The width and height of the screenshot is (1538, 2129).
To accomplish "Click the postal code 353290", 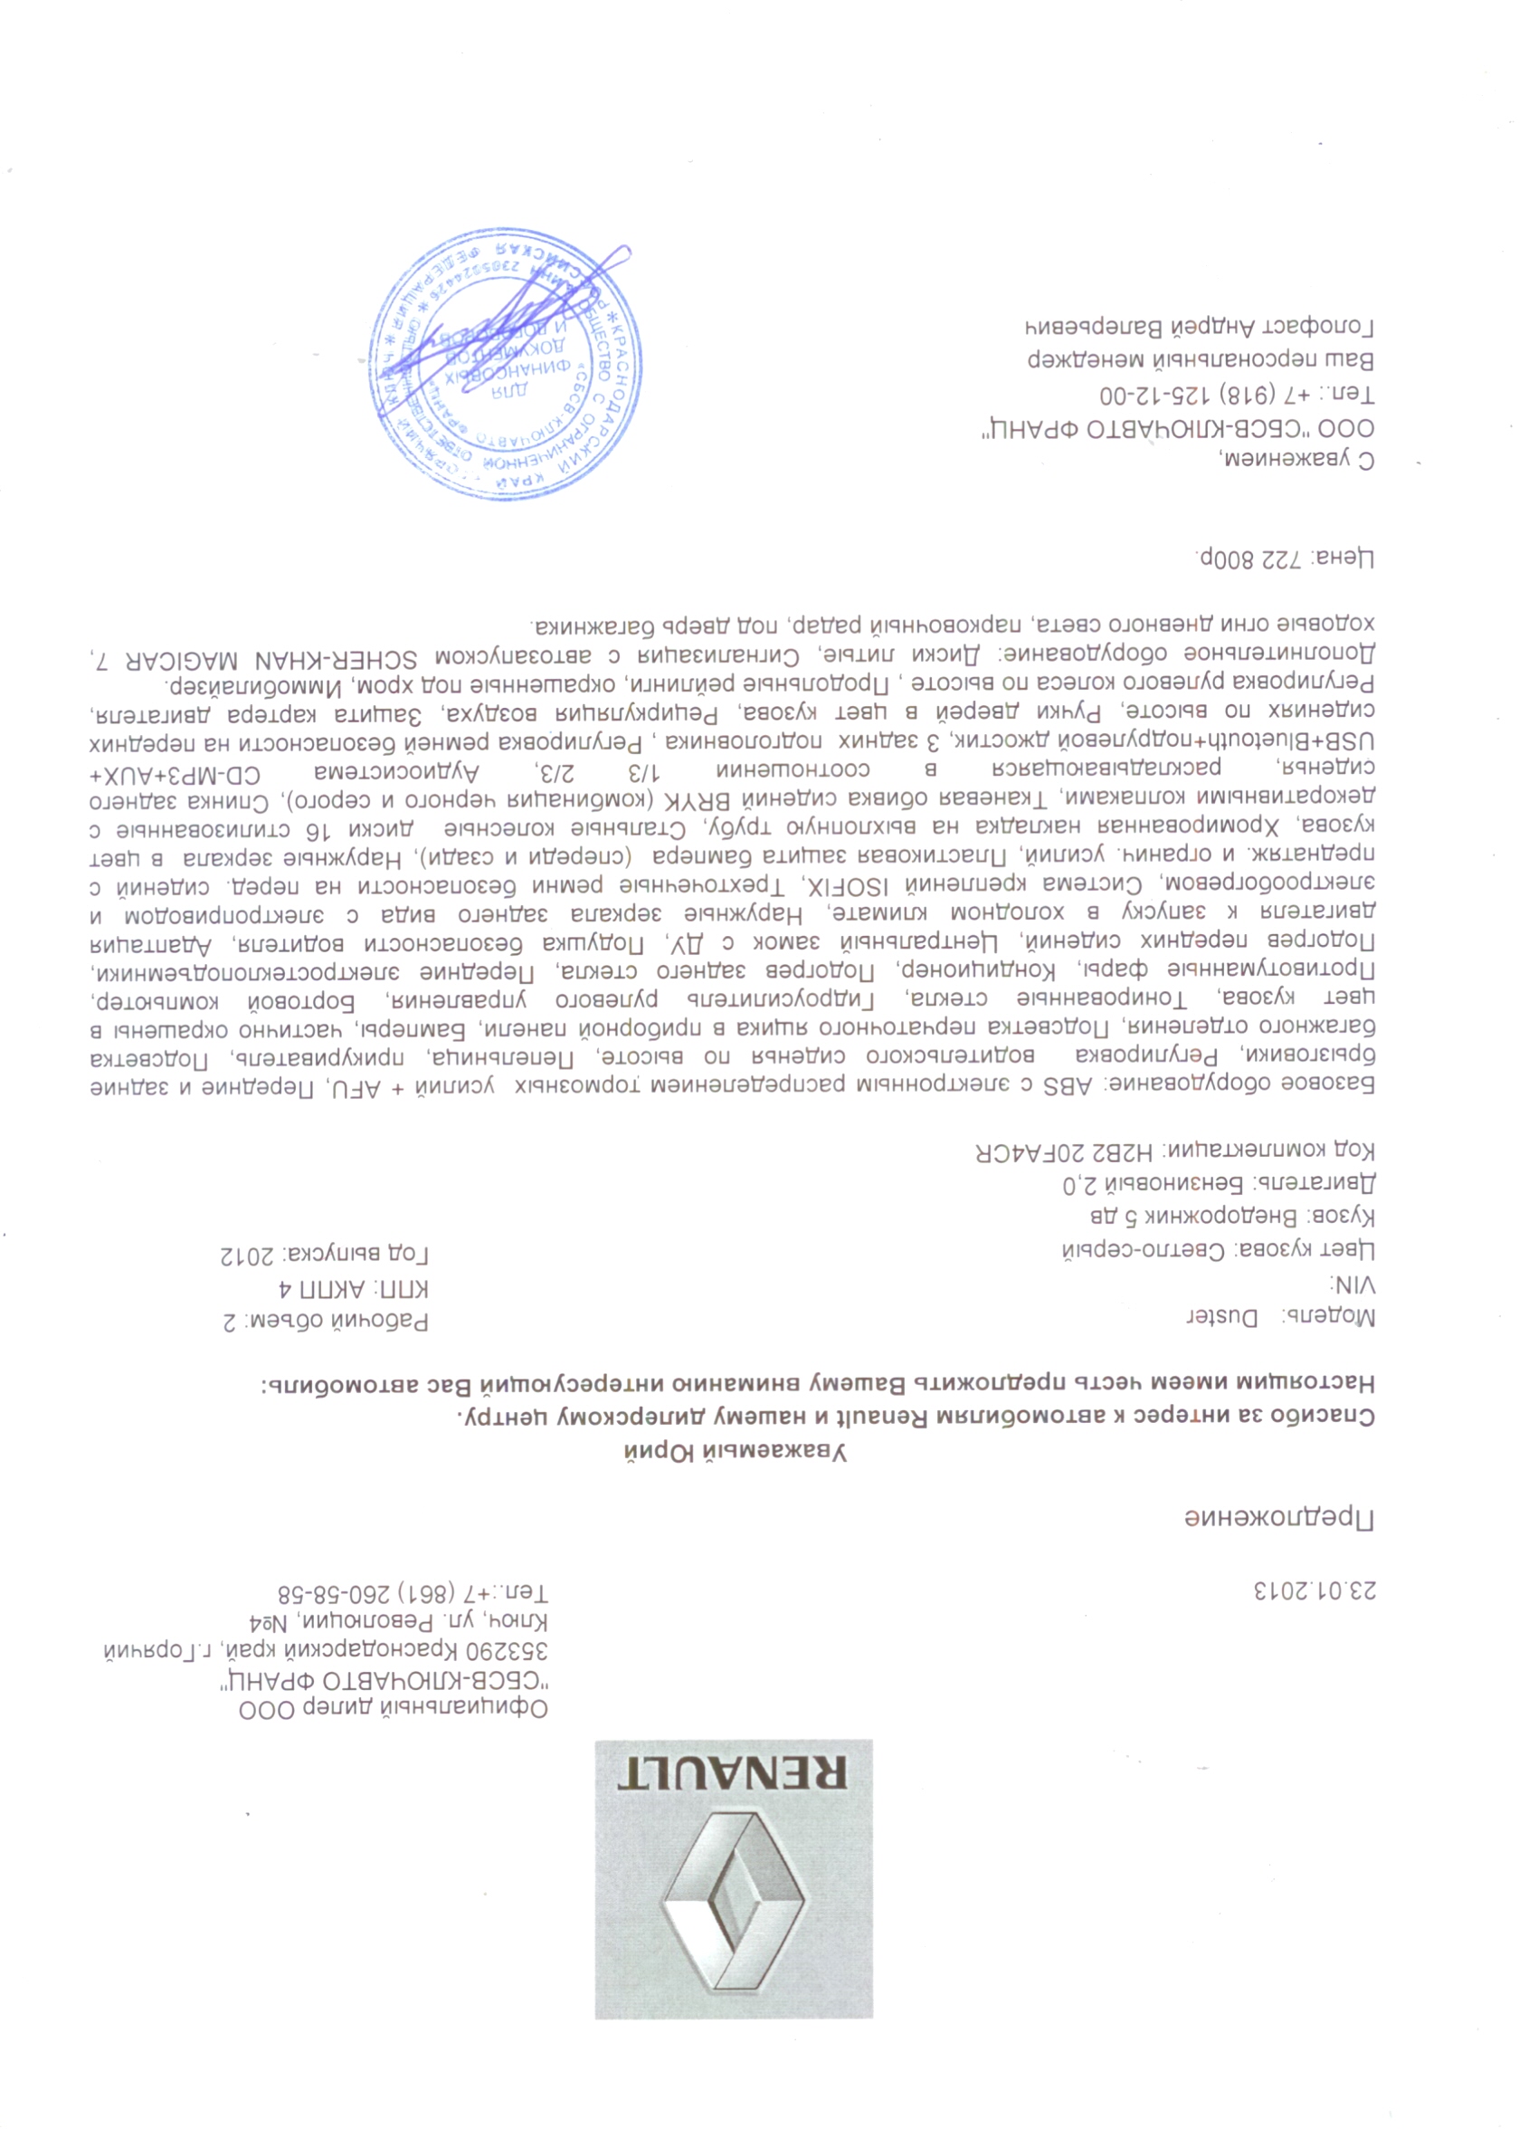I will pos(514,1651).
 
